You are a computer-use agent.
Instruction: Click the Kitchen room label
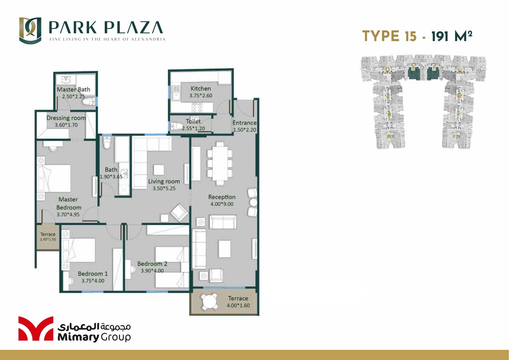tap(201, 88)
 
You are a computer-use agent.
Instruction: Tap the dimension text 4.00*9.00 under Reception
tap(222, 204)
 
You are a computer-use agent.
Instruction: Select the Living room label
tap(164, 181)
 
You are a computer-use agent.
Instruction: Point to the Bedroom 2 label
tap(152, 264)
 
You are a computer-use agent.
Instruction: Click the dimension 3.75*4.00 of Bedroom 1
tap(93, 281)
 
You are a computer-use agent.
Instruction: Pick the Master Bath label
tap(73, 89)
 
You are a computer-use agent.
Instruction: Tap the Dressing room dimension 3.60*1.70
tap(66, 125)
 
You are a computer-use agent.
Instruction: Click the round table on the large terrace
tap(209, 302)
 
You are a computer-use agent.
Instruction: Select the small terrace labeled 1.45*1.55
tap(48, 237)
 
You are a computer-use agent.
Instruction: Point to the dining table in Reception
tap(220, 163)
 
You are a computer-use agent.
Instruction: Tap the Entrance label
tap(244, 123)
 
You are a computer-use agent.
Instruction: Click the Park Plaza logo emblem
tap(30, 31)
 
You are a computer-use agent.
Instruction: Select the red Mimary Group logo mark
tap(36, 328)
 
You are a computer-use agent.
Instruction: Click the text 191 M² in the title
tap(452, 36)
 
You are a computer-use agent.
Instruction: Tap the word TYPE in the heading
tap(381, 36)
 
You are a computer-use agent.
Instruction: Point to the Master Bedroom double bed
tap(55, 178)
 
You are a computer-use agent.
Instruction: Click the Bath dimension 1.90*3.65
tap(111, 177)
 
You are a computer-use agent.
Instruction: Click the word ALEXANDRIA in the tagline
tap(148, 39)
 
